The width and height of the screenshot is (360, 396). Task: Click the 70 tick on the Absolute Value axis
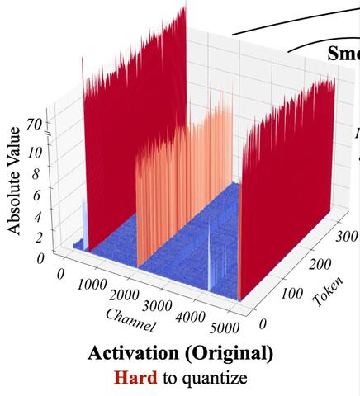tap(34, 125)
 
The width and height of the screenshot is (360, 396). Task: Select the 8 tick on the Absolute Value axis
tap(36, 175)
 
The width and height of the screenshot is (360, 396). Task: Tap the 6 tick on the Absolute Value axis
tap(36, 196)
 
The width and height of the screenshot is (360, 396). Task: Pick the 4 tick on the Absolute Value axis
tap(36, 218)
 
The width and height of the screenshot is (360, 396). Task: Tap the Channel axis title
tap(129, 322)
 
